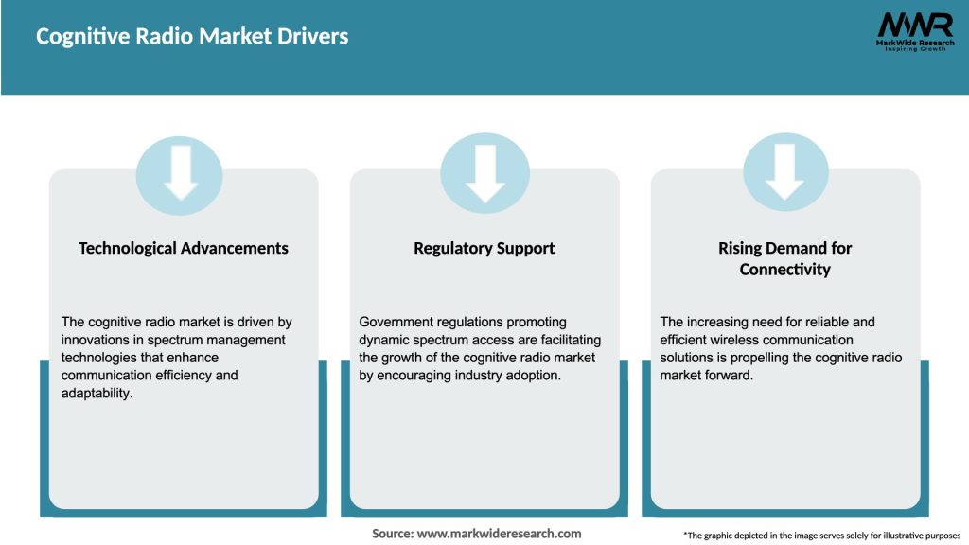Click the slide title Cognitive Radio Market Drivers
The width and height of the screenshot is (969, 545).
[192, 37]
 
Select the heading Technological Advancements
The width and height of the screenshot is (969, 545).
[183, 248]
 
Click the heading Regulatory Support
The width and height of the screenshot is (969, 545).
[484, 248]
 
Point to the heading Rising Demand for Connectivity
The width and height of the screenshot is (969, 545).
[784, 258]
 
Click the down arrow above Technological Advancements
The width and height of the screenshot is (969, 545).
[180, 171]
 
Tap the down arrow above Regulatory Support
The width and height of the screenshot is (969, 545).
[484, 171]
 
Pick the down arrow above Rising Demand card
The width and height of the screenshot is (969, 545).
[784, 171]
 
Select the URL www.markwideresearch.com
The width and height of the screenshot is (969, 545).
[499, 534]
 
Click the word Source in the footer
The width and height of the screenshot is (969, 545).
[392, 534]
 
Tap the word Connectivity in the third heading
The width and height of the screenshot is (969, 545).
[784, 270]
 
